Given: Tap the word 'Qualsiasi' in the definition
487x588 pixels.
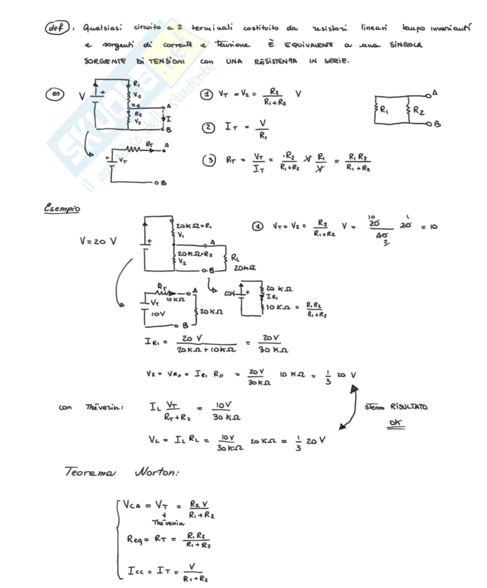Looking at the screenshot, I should click(102, 27).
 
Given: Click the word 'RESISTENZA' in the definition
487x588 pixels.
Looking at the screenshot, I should click(276, 61).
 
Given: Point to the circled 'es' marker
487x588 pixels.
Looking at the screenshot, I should click(55, 94).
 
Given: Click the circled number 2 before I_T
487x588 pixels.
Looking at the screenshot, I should click(208, 128).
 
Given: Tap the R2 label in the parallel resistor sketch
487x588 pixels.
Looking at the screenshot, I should click(419, 110).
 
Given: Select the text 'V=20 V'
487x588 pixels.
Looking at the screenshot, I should click(98, 241).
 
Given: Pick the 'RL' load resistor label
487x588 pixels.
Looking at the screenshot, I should click(235, 258).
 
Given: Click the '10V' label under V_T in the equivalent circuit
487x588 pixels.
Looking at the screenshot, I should click(158, 314).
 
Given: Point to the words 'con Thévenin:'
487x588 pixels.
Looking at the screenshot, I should click(91, 407).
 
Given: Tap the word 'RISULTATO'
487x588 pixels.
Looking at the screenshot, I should click(409, 406).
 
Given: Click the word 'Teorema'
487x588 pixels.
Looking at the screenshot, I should click(90, 472).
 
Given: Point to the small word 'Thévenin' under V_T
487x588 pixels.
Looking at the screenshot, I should click(168, 523).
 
